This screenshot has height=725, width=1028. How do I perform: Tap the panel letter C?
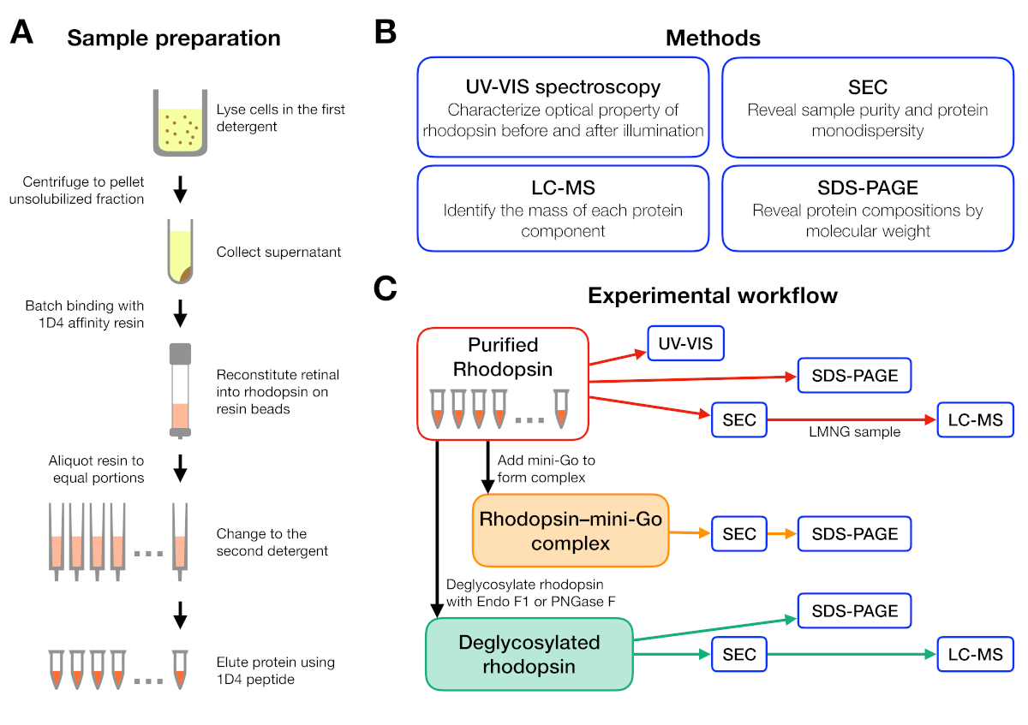pyautogui.click(x=386, y=289)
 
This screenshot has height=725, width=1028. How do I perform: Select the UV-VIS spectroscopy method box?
pyautogui.click(x=563, y=108)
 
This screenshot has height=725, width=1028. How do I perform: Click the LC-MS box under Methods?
pyautogui.click(x=563, y=208)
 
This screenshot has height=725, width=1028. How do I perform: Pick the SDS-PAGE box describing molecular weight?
pyautogui.click(x=868, y=208)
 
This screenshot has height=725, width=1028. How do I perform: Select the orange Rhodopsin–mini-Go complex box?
pyautogui.click(x=570, y=531)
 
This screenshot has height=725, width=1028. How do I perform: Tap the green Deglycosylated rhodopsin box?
pyautogui.click(x=529, y=653)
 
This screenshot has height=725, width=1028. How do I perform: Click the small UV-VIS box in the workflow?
pyautogui.click(x=686, y=345)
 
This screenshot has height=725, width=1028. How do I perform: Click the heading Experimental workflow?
pyautogui.click(x=713, y=296)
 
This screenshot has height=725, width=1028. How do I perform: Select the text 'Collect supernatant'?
pyautogui.click(x=278, y=253)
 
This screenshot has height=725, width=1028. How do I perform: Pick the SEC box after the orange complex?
pyautogui.click(x=739, y=534)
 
